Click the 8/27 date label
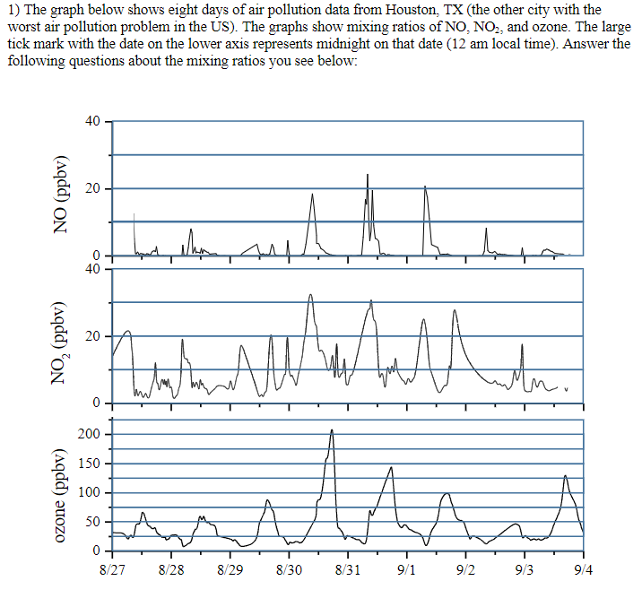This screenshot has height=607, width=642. coord(113,569)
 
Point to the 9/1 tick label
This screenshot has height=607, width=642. coord(406,569)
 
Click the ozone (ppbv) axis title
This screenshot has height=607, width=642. coord(62,494)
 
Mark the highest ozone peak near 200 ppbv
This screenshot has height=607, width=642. coord(332,430)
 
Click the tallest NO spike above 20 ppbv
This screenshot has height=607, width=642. coord(367,175)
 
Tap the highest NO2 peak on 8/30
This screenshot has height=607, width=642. coord(310,295)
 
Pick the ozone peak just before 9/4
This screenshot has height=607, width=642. coord(565,476)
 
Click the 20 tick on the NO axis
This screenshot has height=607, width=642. coord(93,188)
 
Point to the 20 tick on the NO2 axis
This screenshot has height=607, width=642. coord(93,336)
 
